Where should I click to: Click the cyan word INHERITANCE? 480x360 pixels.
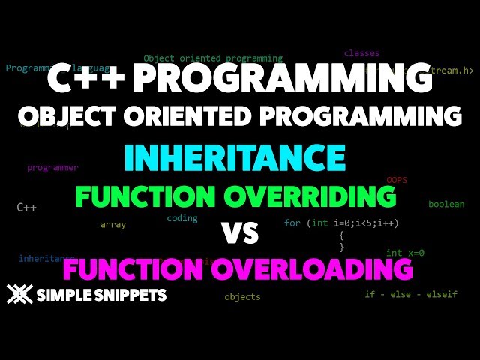(x=235, y=158)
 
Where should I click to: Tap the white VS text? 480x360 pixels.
(x=240, y=234)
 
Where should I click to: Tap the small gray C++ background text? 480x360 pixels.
(x=26, y=207)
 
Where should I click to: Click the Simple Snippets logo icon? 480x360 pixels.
(x=19, y=295)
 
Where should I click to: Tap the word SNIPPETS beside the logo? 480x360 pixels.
(x=128, y=295)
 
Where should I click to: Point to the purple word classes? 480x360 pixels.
(x=361, y=54)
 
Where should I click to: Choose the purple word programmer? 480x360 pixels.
(x=52, y=168)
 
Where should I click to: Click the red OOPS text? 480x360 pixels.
(x=397, y=181)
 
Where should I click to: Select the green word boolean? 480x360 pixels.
(x=446, y=205)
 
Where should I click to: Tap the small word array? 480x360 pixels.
(x=113, y=224)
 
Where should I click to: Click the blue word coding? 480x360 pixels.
(x=182, y=218)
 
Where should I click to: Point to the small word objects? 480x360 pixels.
(x=242, y=296)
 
